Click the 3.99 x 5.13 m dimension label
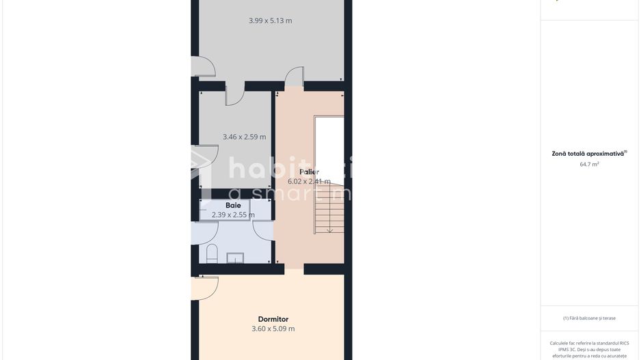click(270, 20)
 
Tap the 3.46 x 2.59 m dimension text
click(244, 137)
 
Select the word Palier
click(309, 171)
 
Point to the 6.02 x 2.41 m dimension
click(309, 181)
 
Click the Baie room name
click(233, 205)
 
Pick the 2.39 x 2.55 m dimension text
click(233, 214)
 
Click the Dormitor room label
click(273, 319)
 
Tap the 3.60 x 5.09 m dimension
click(273, 329)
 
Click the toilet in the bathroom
click(212, 254)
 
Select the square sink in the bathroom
click(235, 258)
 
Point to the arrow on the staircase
click(330, 230)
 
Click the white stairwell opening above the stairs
click(329, 150)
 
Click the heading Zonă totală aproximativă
click(588, 154)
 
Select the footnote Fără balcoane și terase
click(589, 318)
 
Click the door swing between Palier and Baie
click(263, 230)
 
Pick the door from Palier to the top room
click(295, 77)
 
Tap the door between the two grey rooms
click(234, 95)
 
